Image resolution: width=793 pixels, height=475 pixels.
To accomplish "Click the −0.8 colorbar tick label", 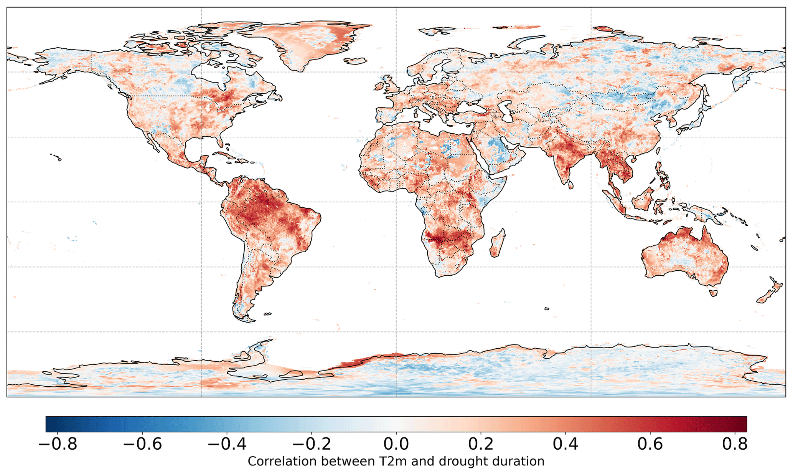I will pos(58,444).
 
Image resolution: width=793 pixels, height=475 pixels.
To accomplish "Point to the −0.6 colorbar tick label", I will pos(143,444).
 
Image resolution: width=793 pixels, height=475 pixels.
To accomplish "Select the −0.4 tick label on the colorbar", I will pos(227,444).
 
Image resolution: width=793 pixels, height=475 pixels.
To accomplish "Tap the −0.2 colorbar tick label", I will pos(312,444).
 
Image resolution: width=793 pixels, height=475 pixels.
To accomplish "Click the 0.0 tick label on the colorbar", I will pos(396,444).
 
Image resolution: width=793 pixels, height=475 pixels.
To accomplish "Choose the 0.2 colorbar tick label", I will pos(481,444).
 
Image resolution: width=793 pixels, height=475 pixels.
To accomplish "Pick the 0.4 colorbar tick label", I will pos(565,444).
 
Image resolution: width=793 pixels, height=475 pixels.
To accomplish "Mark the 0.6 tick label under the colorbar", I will pos(650,444).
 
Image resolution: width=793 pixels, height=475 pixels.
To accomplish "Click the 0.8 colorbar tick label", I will pos(735,444).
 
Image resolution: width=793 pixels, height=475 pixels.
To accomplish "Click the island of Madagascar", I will pos(498,244).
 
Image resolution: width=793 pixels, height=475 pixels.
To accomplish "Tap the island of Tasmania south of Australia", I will pos(713,293).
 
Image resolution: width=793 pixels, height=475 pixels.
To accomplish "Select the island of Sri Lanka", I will pos(570,185).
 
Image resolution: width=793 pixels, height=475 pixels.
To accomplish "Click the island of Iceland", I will pos(355,61).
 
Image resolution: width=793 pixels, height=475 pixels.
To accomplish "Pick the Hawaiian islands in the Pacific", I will pos(57,156).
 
